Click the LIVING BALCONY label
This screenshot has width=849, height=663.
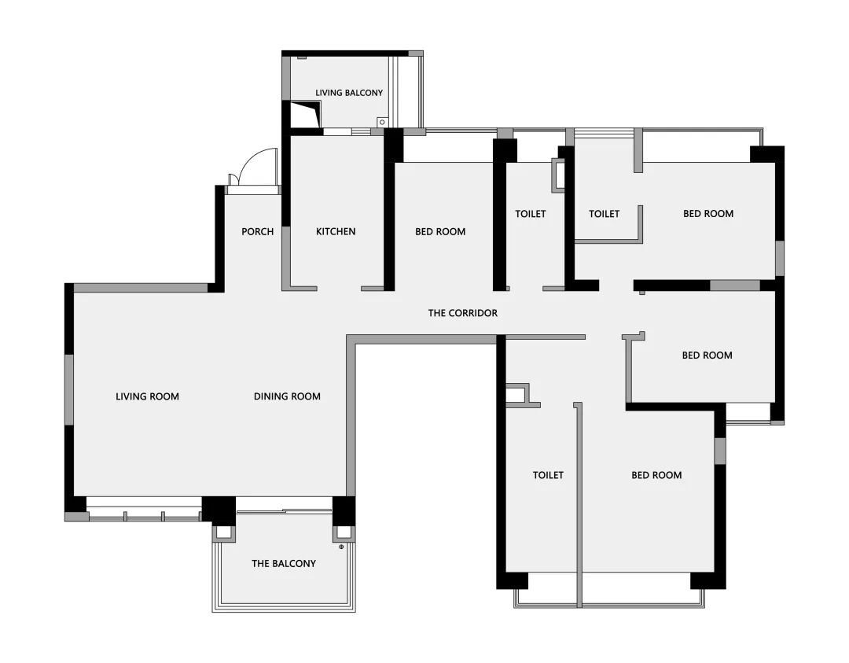[349, 93]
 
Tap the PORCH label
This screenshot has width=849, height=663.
[258, 231]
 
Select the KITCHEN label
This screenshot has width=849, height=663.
[336, 231]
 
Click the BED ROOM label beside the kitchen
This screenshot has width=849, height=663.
[440, 231]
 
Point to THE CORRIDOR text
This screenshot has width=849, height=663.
[462, 312]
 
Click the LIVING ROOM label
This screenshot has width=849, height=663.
[147, 396]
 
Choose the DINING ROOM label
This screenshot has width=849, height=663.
[287, 396]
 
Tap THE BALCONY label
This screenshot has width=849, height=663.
[284, 563]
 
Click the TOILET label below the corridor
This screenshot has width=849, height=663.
[548, 475]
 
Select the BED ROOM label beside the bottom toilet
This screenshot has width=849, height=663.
[656, 475]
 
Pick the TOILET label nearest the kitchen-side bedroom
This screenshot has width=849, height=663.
[531, 213]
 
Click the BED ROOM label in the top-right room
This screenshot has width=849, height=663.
[708, 213]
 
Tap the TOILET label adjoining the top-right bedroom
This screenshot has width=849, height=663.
[605, 213]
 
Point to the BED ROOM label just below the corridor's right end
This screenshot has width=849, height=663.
[707, 355]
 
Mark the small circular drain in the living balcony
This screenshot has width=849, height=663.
[382, 123]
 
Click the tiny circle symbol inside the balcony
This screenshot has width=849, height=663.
[341, 547]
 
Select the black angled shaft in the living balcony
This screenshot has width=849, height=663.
[305, 115]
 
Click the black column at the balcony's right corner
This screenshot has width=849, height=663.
[344, 510]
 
